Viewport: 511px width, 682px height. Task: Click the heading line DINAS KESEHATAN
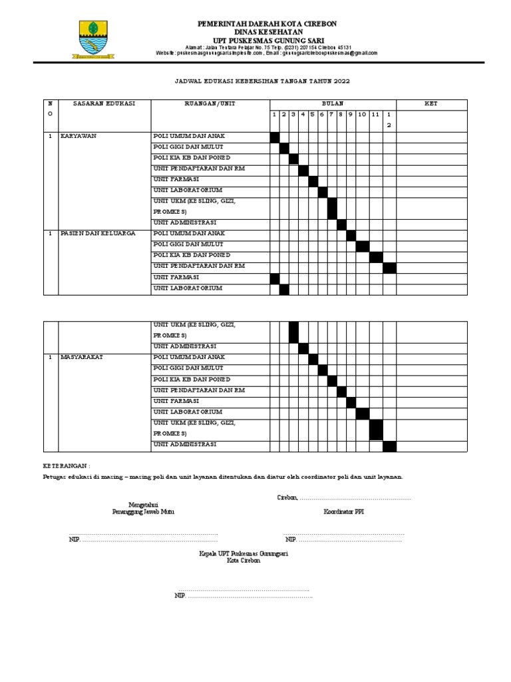click(267, 32)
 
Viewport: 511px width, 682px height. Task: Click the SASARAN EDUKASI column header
click(104, 104)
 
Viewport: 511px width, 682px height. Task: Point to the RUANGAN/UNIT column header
click(210, 104)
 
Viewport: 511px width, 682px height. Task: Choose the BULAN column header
click(332, 104)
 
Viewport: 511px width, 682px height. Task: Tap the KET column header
click(431, 104)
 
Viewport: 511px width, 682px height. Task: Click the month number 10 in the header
click(362, 115)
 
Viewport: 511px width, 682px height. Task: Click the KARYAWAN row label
click(79, 136)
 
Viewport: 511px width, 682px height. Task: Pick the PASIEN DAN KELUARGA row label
click(98, 234)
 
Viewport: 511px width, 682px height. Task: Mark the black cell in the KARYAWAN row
click(274, 137)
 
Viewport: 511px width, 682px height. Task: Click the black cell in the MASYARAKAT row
click(313, 359)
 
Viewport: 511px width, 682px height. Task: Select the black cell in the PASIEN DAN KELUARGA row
click(351, 235)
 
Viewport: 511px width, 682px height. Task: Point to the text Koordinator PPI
click(343, 512)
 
